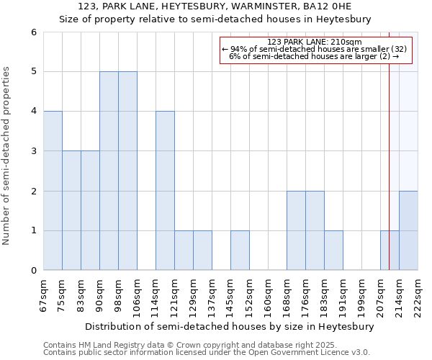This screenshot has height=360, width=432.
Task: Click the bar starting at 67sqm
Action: (53, 191)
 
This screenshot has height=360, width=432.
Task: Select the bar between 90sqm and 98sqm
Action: (109, 171)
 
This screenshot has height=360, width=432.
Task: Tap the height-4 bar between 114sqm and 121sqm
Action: (165, 191)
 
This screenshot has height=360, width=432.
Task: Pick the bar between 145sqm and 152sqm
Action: (240, 251)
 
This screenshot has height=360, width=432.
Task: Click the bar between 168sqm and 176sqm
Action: (296, 230)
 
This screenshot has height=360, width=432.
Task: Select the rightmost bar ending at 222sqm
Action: (408, 230)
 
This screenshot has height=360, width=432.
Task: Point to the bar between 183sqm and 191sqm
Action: (333, 251)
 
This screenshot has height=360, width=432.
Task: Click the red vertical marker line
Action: (390, 144)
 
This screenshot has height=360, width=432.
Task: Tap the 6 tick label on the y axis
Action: (34, 32)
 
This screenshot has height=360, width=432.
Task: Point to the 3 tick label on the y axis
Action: (34, 151)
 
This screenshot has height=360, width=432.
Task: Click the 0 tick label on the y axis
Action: (34, 271)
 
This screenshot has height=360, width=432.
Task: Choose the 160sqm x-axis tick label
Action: (268, 294)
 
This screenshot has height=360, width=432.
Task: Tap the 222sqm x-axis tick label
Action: (418, 294)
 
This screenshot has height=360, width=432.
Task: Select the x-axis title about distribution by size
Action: (230, 326)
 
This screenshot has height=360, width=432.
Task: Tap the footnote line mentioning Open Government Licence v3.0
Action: (207, 353)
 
